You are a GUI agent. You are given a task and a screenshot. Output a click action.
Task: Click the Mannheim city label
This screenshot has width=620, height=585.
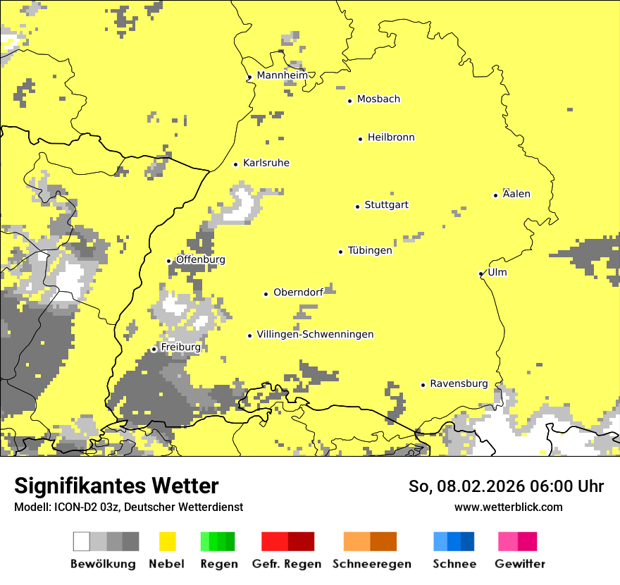(x=282, y=75)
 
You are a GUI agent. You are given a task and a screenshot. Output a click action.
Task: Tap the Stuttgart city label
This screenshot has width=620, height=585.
(x=386, y=205)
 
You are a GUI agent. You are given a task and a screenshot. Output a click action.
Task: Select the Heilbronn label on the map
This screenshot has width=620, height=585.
(x=391, y=137)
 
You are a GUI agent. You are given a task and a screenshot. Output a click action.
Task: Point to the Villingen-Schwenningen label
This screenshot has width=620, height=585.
(x=315, y=335)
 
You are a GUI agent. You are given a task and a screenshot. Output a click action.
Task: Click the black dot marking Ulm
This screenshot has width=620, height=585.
(x=480, y=273)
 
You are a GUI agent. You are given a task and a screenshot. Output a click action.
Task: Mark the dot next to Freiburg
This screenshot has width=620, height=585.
(x=154, y=349)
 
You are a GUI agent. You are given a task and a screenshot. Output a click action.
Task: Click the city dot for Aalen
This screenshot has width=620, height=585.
(x=495, y=195)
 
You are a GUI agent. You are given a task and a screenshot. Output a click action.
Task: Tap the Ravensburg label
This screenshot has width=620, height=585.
(x=459, y=384)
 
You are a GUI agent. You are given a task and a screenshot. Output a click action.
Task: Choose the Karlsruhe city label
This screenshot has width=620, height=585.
(x=266, y=163)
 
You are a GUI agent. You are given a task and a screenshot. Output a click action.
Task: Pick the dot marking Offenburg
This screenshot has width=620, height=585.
(x=168, y=261)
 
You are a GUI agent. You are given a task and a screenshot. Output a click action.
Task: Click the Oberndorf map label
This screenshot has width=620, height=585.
(x=298, y=292)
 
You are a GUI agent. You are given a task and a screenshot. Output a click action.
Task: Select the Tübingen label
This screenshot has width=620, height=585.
(x=370, y=251)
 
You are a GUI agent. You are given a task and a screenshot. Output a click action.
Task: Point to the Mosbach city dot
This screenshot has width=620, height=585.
(x=349, y=101)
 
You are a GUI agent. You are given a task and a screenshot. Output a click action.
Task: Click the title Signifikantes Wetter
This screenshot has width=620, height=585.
(x=116, y=486)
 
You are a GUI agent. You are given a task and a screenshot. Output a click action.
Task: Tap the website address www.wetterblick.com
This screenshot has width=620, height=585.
(x=508, y=507)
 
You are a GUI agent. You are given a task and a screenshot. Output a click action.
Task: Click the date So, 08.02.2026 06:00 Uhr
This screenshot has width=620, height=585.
(x=506, y=486)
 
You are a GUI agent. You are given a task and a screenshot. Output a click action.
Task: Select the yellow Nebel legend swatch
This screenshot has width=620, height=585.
(x=168, y=541)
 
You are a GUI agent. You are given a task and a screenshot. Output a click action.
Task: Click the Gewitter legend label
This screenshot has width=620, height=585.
(x=519, y=564)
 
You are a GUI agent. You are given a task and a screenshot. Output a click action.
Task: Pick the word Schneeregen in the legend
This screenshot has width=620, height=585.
(x=371, y=564)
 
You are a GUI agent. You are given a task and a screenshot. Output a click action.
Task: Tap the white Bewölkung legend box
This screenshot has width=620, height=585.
(x=82, y=541)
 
